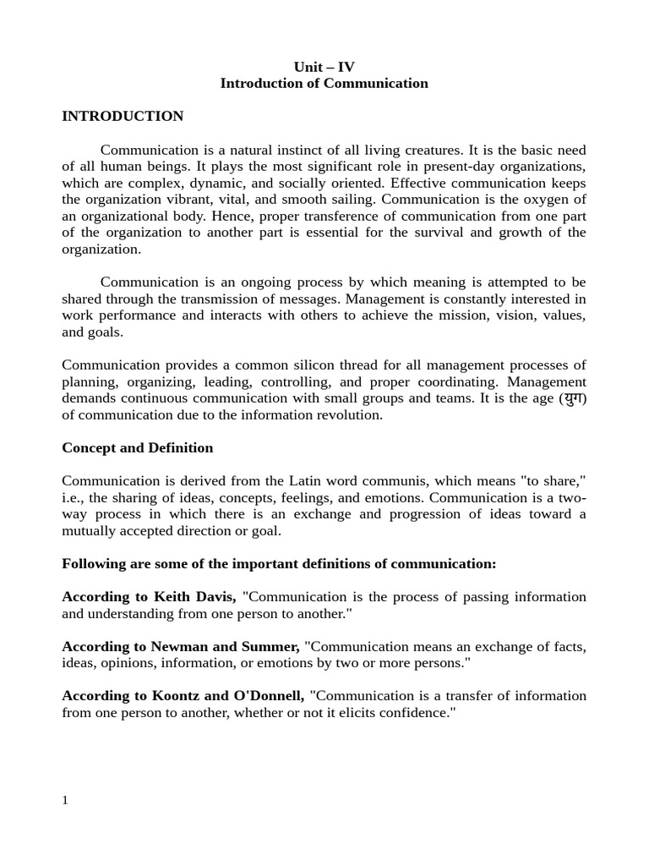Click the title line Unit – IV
click(324, 67)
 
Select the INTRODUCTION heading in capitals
click(123, 116)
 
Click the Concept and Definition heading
click(137, 448)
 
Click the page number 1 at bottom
click(65, 800)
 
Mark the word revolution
click(349, 415)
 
